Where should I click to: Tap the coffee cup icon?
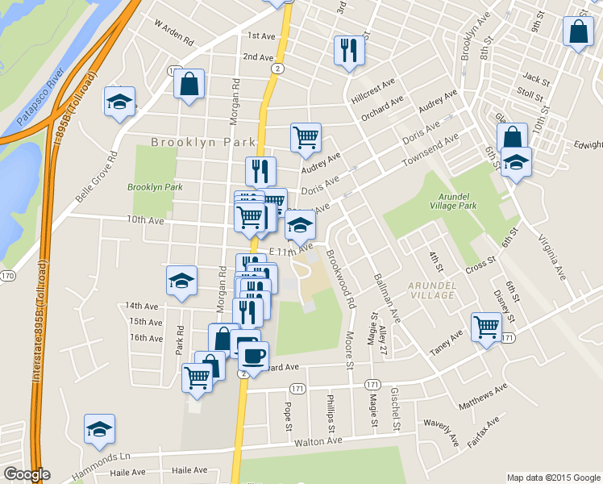(253, 354)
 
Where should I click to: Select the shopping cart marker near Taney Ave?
(487, 327)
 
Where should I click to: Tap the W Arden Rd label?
(174, 33)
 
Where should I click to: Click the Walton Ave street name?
(319, 441)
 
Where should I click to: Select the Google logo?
(27, 474)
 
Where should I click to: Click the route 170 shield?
(7, 276)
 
